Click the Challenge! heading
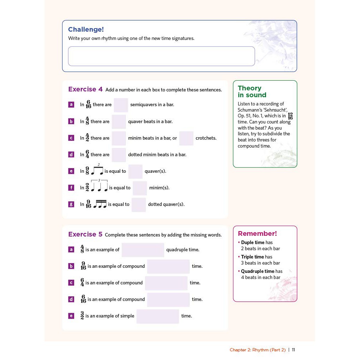tap(86, 30)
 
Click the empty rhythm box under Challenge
tap(161, 56)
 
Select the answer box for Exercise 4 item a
tap(121, 105)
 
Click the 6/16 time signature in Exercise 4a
tap(88, 105)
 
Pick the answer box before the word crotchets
tap(186, 138)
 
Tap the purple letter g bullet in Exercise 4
tap(71, 204)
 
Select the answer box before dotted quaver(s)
tap(139, 204)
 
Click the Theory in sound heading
tap(252, 91)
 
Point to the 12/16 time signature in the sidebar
tap(290, 116)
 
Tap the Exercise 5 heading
tap(85, 234)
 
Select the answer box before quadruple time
tap(143, 250)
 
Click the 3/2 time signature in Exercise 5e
tap(82, 316)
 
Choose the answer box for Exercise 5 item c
tap(166, 283)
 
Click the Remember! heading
tap(257, 234)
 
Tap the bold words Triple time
tap(252, 257)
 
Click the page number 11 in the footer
tap(293, 350)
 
